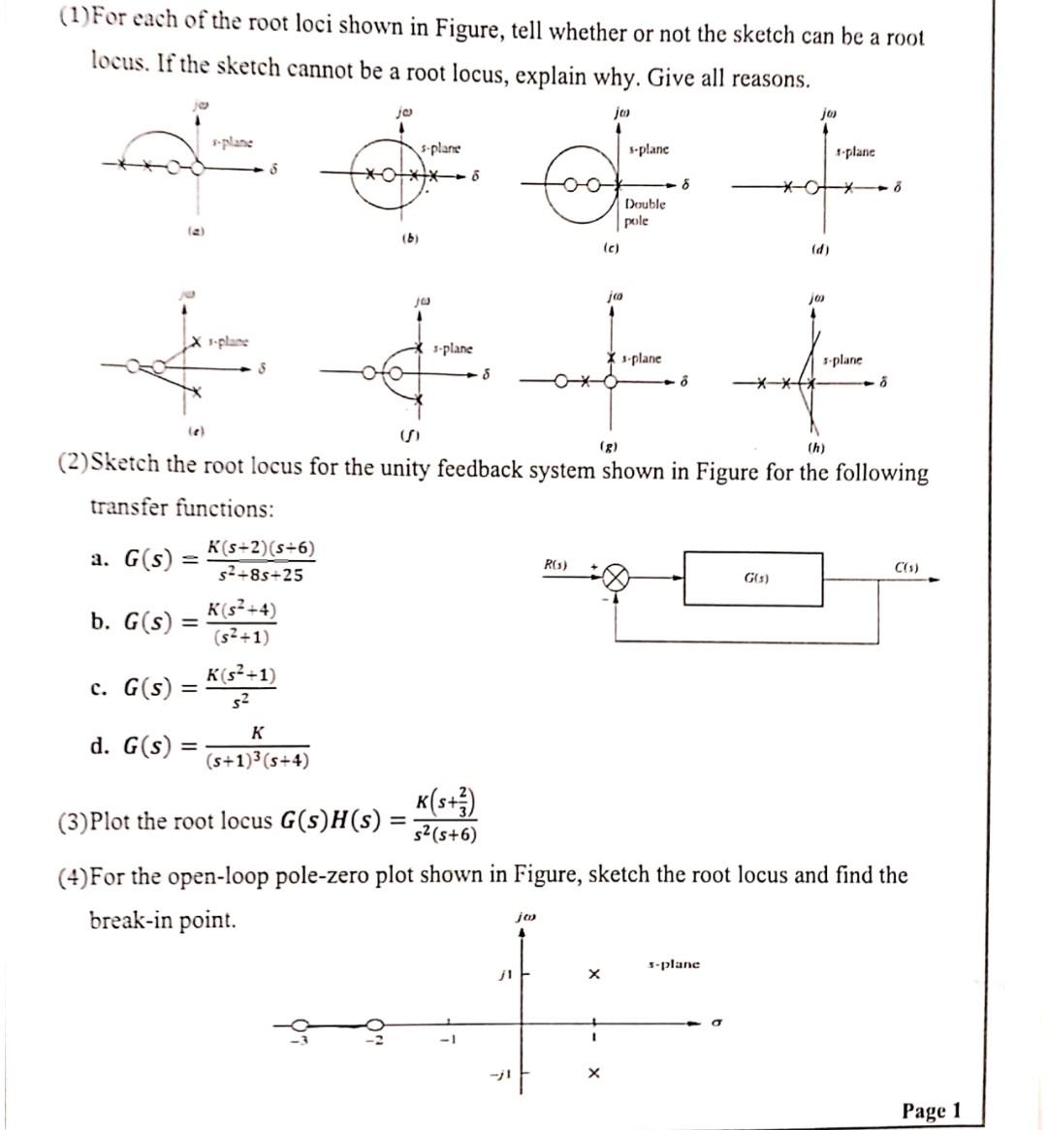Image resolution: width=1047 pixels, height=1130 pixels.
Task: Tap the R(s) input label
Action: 556,564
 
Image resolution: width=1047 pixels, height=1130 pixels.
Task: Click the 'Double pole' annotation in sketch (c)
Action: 645,212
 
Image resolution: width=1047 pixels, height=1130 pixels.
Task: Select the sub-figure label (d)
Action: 819,249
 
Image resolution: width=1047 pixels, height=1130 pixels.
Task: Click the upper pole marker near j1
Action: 594,973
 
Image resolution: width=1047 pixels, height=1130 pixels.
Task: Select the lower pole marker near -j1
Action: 594,1074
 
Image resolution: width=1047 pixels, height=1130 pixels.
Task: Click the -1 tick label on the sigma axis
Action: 447,1040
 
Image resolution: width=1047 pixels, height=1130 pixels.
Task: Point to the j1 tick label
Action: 501,973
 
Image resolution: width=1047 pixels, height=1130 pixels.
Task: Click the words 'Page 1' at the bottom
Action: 931,1110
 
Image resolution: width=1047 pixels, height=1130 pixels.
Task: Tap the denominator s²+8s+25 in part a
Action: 259,575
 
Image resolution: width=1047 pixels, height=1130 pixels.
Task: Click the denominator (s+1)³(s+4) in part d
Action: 258,761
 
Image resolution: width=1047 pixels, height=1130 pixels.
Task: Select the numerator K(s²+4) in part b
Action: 241,611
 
